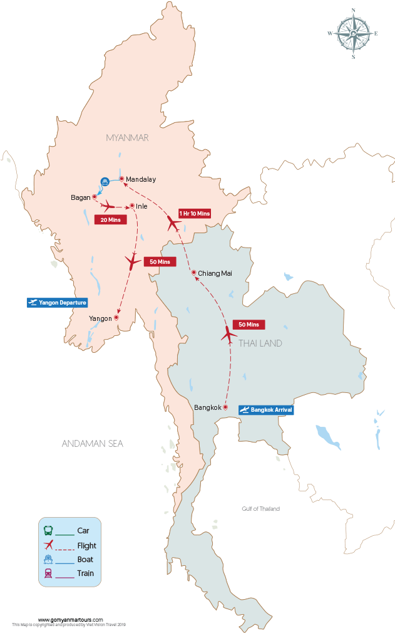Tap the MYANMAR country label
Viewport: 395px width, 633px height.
(x=127, y=138)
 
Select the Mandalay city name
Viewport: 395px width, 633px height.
(x=141, y=179)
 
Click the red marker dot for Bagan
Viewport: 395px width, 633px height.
(x=95, y=197)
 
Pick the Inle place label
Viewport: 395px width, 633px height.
(x=141, y=206)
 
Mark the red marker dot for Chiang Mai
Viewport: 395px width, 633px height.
(x=194, y=273)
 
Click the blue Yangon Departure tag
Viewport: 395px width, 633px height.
(x=56, y=303)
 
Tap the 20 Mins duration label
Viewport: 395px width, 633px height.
(x=110, y=220)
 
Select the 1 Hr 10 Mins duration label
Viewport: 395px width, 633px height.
(x=194, y=214)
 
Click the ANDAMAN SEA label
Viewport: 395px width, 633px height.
(x=93, y=444)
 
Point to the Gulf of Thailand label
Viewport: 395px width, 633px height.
(x=261, y=509)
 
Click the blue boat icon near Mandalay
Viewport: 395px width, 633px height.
(x=105, y=182)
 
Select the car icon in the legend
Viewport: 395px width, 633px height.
(x=48, y=530)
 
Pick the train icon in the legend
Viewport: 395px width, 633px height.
(x=48, y=573)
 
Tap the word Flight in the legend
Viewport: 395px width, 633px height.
(x=86, y=546)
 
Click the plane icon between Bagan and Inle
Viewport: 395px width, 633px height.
(x=109, y=206)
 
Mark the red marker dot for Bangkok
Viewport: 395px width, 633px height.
(x=225, y=407)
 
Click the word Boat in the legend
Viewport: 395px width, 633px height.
(x=85, y=560)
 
